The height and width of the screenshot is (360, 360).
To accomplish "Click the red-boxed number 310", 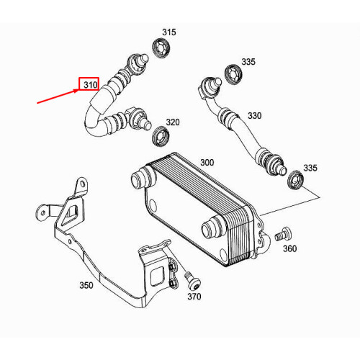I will (89, 85).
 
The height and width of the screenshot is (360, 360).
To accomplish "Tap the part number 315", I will (168, 32).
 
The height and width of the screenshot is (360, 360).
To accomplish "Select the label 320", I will (173, 122).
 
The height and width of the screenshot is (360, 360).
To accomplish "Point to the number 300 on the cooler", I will (207, 163).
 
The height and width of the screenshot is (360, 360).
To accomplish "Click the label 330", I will (255, 115).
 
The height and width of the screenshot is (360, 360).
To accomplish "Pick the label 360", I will (290, 249).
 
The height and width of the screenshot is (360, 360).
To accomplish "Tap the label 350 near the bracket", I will (86, 285).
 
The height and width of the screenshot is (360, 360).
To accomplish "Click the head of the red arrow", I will (79, 90).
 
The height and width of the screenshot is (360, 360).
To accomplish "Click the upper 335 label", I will (248, 62).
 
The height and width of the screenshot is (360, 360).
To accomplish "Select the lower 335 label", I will (310, 168).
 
